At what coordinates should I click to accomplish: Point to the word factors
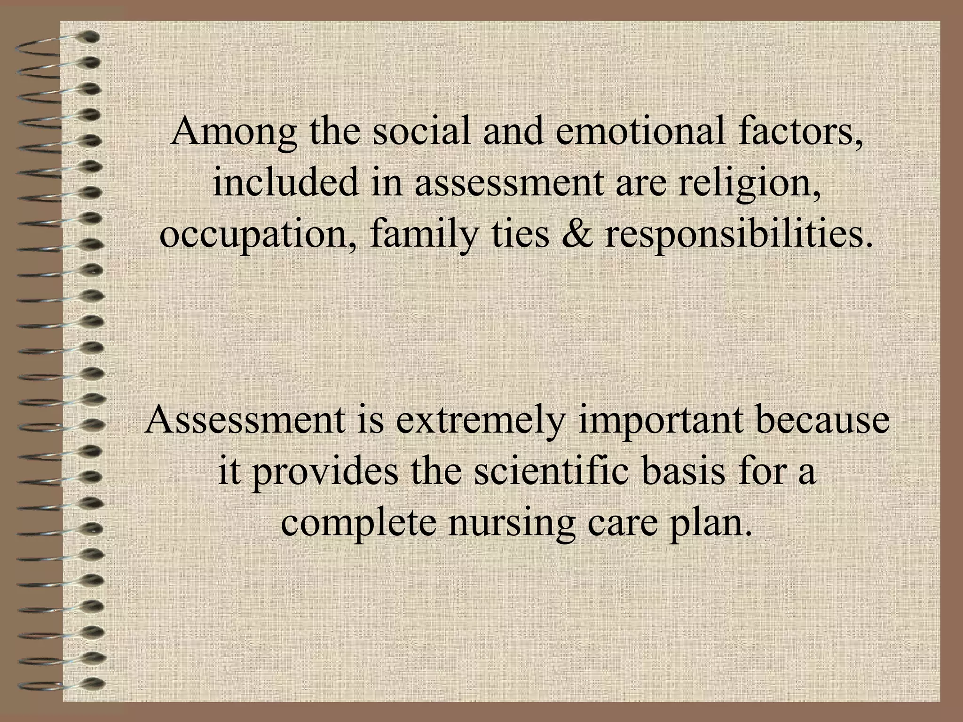coord(800,133)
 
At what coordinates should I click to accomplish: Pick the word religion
coord(750,184)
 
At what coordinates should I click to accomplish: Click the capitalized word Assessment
coord(245,420)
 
